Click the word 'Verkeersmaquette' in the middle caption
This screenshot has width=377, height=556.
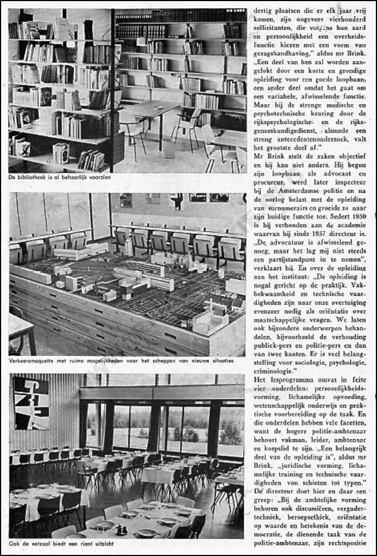point(35,361)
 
